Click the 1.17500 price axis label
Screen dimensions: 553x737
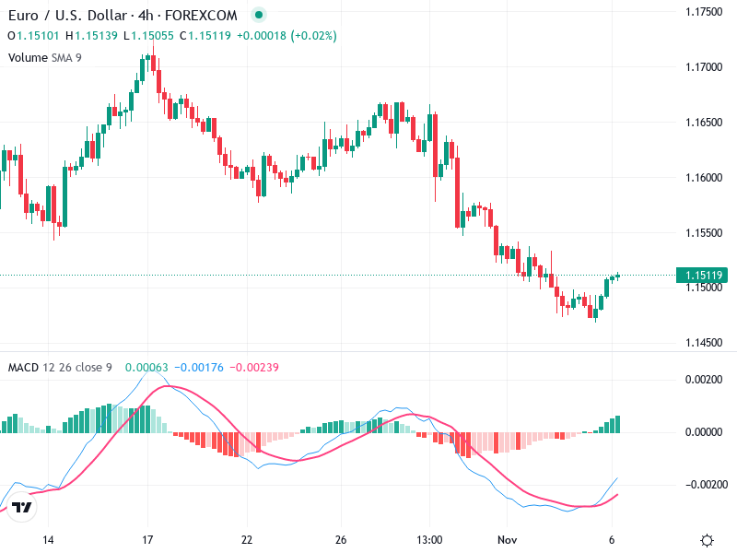(x=705, y=12)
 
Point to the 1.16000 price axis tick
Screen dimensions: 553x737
(x=705, y=178)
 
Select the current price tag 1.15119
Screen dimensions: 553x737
(x=702, y=275)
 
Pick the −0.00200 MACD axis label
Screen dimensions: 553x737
(x=706, y=485)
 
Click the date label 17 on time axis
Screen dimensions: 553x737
(x=147, y=539)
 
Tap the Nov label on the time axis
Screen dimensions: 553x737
(x=505, y=539)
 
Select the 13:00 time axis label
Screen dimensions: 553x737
(x=429, y=539)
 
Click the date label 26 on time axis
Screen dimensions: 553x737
(x=341, y=539)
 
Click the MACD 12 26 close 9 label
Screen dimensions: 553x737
(x=60, y=368)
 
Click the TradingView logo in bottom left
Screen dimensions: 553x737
(x=23, y=507)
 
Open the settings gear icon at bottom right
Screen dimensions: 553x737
(x=707, y=540)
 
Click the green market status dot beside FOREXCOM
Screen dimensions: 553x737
(x=259, y=16)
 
